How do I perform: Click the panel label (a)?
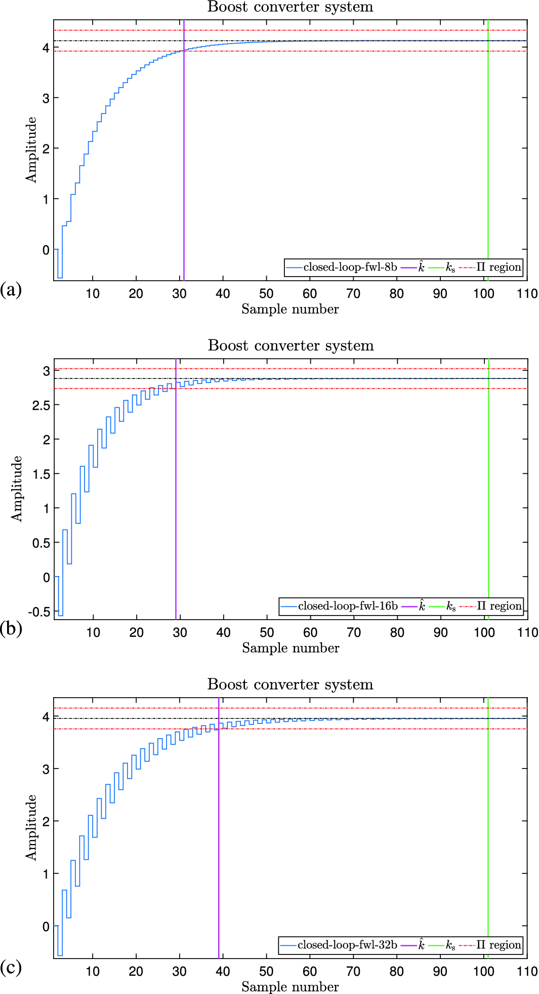click(x=11, y=290)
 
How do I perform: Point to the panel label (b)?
click(x=11, y=629)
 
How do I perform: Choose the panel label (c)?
click(x=11, y=968)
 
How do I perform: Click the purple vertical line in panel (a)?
click(x=184, y=152)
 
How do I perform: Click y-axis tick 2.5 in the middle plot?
click(x=40, y=405)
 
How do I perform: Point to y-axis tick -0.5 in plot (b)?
click(x=39, y=612)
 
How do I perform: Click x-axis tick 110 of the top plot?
click(x=527, y=294)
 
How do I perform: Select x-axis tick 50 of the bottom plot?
click(x=266, y=972)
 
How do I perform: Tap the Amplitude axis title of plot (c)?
click(x=31, y=827)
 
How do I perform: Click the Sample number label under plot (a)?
click(x=290, y=309)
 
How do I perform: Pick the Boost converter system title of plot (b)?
click(x=291, y=346)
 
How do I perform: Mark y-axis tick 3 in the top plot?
click(x=46, y=98)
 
